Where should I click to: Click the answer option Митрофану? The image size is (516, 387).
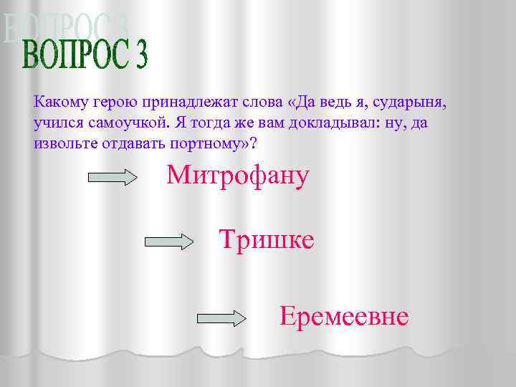point(238,176)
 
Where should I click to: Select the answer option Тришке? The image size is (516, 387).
point(266,240)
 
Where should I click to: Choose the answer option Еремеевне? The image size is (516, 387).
point(344,316)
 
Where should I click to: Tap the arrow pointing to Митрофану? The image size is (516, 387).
point(112,177)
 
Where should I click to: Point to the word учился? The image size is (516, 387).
point(57,123)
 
